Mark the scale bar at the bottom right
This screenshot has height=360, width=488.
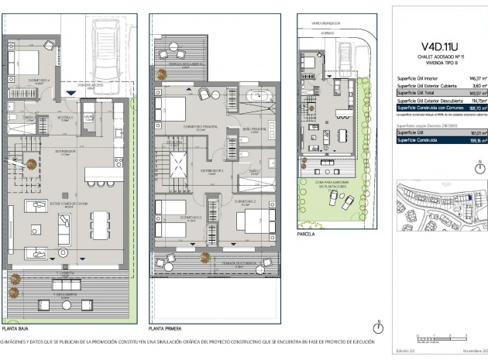point(435,338)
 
